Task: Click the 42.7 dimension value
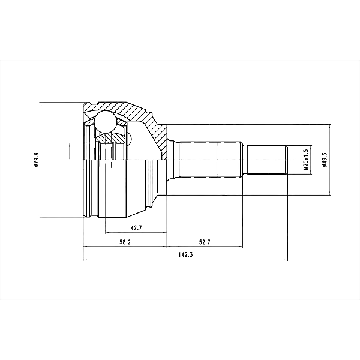point(136,227)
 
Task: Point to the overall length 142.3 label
point(185,255)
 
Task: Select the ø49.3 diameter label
point(324,161)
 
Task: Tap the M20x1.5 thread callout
point(305,160)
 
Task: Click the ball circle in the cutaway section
point(106,121)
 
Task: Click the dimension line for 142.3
point(185,260)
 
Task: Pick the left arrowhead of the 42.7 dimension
point(107,232)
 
